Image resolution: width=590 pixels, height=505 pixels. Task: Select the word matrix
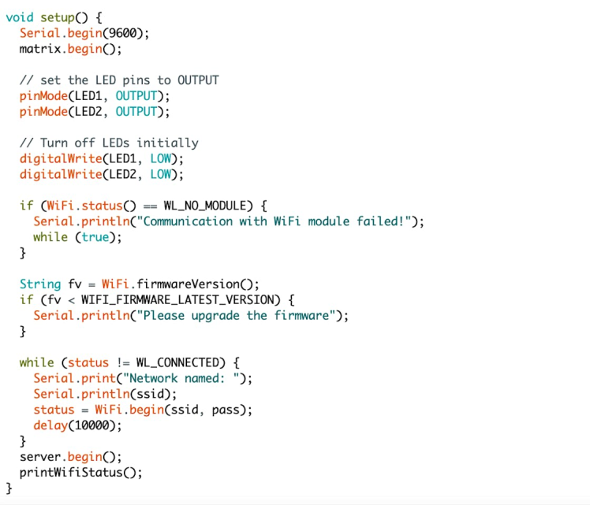pos(39,49)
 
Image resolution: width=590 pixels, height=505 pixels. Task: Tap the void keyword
pos(19,17)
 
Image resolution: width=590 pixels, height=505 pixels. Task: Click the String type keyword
pos(39,284)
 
